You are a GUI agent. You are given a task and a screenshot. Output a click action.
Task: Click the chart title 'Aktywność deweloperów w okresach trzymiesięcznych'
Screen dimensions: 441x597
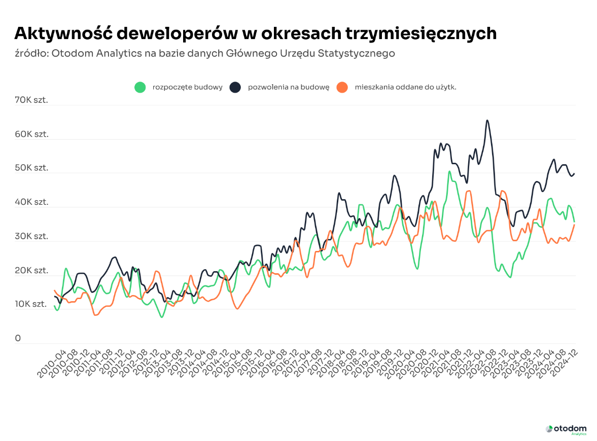(x=255, y=33)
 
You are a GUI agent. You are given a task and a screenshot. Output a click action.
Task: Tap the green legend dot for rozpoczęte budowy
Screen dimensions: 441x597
(x=140, y=87)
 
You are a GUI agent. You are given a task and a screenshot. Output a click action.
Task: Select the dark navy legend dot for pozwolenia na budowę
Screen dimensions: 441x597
(x=235, y=87)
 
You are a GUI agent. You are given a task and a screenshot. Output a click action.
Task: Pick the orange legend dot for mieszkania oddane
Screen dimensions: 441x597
(x=342, y=87)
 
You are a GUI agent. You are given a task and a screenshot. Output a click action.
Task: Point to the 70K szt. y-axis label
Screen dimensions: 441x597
(x=31, y=100)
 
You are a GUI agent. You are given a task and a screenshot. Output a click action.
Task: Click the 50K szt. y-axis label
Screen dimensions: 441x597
(x=31, y=168)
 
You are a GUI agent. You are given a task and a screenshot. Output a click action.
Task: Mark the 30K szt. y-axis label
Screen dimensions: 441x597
(x=31, y=236)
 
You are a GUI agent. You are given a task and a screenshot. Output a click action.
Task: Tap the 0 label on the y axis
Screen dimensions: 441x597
(x=18, y=338)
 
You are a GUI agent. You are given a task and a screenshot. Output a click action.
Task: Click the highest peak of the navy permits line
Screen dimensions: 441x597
(x=487, y=121)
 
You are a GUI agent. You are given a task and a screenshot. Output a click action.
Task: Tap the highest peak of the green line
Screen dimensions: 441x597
(x=449, y=172)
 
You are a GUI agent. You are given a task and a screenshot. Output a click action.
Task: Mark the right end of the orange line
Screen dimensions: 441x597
(x=574, y=225)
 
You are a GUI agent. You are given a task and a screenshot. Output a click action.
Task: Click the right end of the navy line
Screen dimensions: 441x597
(x=574, y=173)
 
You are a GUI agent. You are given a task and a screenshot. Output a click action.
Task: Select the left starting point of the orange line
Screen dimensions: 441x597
(x=54, y=290)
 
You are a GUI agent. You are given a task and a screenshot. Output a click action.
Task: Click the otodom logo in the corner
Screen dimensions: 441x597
(x=566, y=429)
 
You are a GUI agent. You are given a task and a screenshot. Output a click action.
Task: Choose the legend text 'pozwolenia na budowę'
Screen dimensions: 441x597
(x=289, y=87)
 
